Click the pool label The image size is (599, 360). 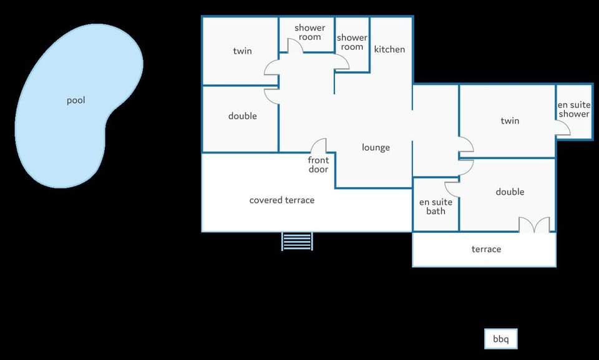pos(75,100)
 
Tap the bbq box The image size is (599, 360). pos(501,339)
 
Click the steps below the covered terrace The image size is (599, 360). pos(297,241)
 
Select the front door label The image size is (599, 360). pos(318,165)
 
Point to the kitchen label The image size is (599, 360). pos(389,49)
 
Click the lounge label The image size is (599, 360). pos(376,147)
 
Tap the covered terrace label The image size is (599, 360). pos(282,200)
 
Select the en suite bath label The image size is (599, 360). pos(436,207)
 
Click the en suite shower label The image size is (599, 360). pos(574,109)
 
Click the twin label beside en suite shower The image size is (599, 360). pos(510,121)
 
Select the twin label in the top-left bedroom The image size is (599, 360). pos(243,51)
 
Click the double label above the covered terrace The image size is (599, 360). pos(243,116)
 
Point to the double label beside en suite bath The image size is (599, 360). pos(510,192)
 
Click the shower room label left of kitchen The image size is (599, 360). pos(352,42)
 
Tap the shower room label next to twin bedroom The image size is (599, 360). pos(310,32)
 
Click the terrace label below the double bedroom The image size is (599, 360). pos(486,249)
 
